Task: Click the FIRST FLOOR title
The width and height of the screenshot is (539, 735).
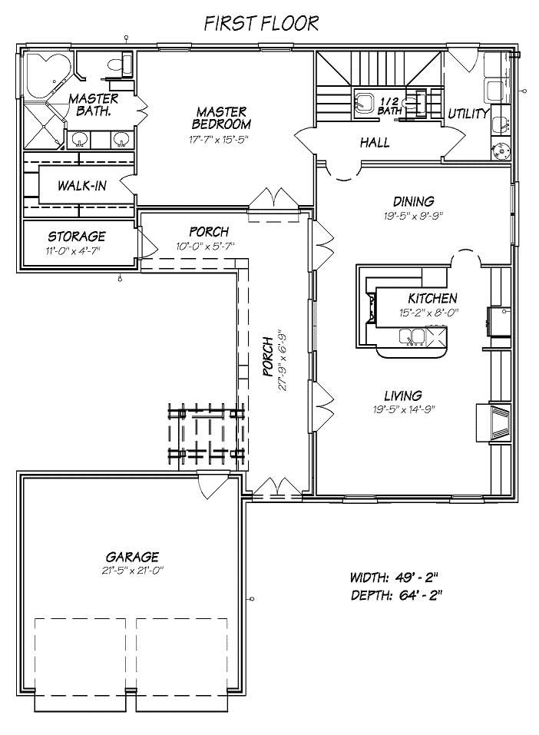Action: (261, 22)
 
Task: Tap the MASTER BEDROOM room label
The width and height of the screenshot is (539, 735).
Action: (221, 118)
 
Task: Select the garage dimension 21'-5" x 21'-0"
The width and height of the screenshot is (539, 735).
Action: (131, 570)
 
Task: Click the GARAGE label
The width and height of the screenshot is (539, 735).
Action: (132, 556)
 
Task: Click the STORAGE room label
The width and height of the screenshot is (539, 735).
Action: (77, 236)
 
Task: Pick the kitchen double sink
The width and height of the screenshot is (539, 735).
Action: (412, 336)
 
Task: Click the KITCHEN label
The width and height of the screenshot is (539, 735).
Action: (432, 298)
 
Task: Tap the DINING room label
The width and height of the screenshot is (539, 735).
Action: (414, 202)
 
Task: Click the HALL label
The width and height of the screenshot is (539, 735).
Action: (375, 142)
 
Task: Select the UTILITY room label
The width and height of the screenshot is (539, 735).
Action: (468, 114)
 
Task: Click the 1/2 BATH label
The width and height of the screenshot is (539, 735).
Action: (389, 106)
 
